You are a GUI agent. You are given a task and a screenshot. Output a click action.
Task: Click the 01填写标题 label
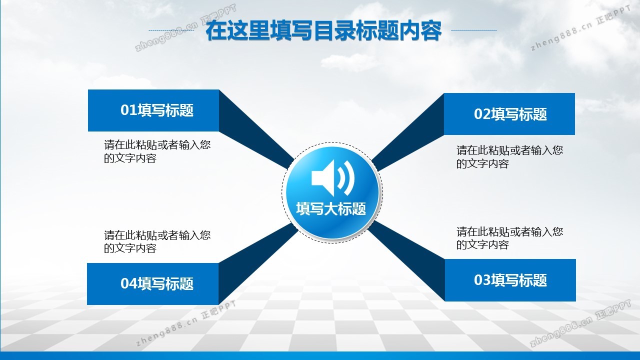pyautogui.click(x=157, y=110)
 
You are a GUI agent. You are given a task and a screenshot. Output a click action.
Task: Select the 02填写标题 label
pyautogui.click(x=510, y=114)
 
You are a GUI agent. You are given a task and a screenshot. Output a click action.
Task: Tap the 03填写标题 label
pyautogui.click(x=510, y=280)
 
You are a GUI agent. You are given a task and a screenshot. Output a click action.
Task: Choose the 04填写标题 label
pyautogui.click(x=157, y=283)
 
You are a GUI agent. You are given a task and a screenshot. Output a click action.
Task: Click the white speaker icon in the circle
pyautogui.click(x=333, y=178)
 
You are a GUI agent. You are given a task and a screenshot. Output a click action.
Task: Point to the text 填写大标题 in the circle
pyautogui.click(x=331, y=208)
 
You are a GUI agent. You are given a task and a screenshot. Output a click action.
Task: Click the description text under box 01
pyautogui.click(x=157, y=151)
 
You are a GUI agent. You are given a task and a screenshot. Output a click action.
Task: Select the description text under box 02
pyautogui.click(x=509, y=157)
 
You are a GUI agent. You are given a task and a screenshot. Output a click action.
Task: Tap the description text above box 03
pyautogui.click(x=509, y=238)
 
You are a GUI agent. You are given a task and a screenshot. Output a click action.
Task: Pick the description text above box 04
pyautogui.click(x=157, y=241)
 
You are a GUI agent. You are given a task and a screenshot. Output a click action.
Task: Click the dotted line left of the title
pyautogui.click(x=171, y=30)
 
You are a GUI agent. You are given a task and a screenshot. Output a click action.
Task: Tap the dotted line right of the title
pyautogui.click(x=474, y=30)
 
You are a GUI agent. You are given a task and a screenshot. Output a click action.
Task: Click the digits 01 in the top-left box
pyautogui.click(x=129, y=110)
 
